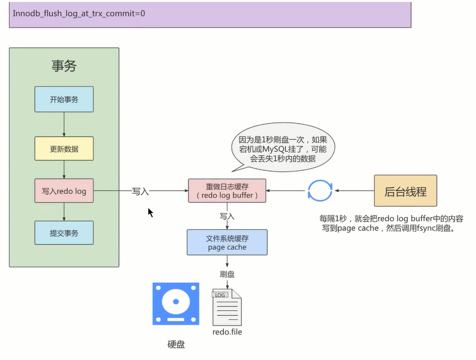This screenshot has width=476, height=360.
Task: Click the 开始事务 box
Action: pos(64,99)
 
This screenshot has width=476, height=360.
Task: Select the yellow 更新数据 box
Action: pos(64,148)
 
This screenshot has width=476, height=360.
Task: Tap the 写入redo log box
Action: pos(64,191)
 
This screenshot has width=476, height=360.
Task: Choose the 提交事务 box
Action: pos(64,233)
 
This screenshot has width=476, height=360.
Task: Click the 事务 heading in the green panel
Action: pos(64,65)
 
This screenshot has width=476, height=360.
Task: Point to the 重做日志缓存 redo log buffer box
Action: pos(227,190)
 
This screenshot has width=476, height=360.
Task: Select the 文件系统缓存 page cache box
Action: pos(227,242)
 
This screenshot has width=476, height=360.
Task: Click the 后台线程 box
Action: pos(406,191)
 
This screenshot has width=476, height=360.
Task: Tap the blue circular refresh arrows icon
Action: pos(320,191)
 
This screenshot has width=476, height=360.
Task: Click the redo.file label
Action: pos(227,332)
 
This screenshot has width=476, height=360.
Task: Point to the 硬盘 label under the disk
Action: pos(175,344)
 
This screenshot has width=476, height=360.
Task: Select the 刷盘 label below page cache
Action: pos(227,274)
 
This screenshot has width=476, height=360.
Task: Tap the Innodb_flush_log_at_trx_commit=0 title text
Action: pos(79,12)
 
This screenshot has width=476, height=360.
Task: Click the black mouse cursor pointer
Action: pos(151,213)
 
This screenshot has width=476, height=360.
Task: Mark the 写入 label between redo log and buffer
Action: pos(140,191)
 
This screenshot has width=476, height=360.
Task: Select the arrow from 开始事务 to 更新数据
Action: pos(64,124)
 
